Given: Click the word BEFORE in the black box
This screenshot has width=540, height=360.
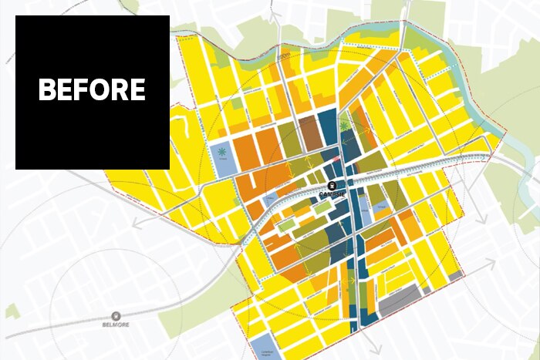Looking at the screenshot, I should pos(92,90).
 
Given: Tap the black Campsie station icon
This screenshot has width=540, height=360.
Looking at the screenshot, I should pos(332,185).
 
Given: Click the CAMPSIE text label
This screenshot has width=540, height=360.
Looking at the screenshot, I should pos(332,195).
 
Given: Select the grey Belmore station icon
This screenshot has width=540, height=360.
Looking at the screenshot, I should pos(116,315).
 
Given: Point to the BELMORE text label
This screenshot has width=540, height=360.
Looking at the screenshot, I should pos(116,325).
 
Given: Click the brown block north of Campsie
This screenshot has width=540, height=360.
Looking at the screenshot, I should pos(309,132).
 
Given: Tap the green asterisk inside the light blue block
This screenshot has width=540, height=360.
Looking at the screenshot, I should pos(222,151).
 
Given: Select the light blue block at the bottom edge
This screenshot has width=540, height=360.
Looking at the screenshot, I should pos(266,346).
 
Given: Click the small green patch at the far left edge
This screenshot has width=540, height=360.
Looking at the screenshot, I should pos(12,311).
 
